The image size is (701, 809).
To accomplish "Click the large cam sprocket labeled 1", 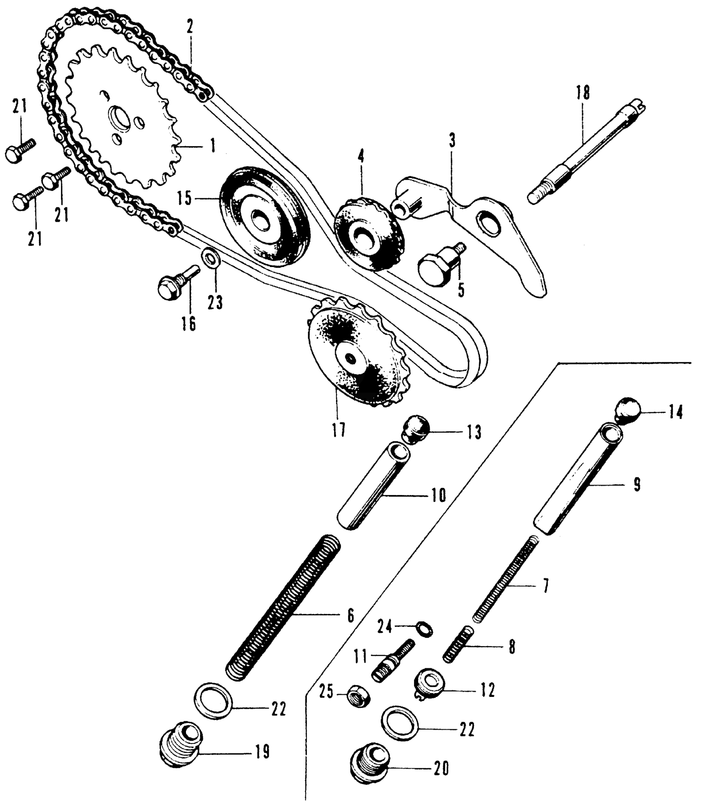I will [124, 124].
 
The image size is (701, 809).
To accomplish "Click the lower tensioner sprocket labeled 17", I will [355, 356].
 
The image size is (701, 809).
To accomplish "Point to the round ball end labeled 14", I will [627, 410].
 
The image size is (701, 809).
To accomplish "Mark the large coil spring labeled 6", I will [285, 608].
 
